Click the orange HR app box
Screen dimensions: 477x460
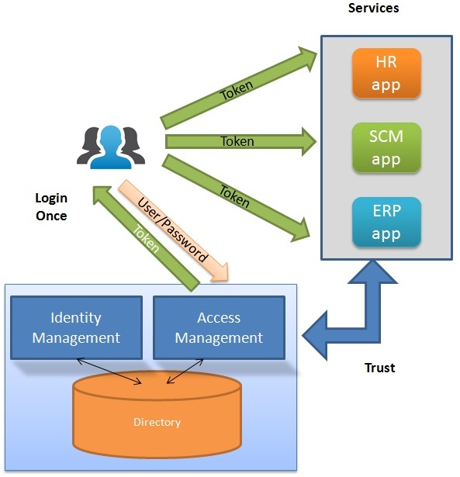[386, 74]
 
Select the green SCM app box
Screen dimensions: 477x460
[386, 148]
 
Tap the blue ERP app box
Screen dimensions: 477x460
[386, 223]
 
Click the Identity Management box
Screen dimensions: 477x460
[76, 327]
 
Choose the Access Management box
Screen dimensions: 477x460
[219, 327]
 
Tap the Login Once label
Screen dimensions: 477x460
[51, 207]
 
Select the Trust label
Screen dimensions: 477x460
[380, 368]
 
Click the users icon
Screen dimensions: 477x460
[111, 144]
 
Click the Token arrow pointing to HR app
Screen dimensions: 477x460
[237, 89]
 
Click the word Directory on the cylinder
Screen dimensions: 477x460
[157, 422]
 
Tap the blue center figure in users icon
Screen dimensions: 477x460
[111, 144]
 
